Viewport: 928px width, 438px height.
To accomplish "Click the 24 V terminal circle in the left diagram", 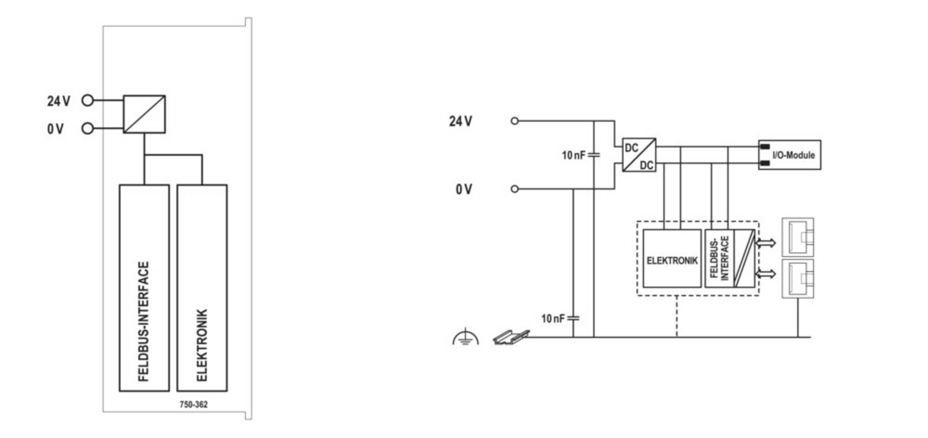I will coord(88,100).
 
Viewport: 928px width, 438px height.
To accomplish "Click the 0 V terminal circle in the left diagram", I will coord(88,128).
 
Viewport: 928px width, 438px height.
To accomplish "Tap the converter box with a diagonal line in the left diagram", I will coord(144,114).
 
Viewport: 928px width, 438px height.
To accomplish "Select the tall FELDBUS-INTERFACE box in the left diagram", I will coord(144,288).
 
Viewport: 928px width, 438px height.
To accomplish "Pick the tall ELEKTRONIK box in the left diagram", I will coord(202,288).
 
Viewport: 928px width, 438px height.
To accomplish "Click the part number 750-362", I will coord(193,404).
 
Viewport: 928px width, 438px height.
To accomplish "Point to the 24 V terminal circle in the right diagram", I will coord(515,121).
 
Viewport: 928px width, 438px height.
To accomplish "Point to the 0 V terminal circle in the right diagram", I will coord(515,189).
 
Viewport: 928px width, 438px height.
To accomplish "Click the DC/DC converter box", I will coord(639,155).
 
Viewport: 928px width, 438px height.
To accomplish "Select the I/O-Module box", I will coord(790,155).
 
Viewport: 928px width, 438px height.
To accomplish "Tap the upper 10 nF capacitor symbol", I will coord(594,155).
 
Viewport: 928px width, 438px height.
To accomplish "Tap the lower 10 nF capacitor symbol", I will coord(574,318).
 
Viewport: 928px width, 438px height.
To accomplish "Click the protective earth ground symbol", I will coord(465,337).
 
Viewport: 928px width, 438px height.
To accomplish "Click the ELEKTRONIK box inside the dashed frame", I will coord(672,258).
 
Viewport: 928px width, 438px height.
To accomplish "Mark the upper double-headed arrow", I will coord(766,243).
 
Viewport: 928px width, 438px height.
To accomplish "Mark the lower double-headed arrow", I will coord(766,273).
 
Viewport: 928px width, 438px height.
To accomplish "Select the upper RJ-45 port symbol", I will coord(798,237).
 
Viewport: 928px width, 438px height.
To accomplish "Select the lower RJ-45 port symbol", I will coord(798,278).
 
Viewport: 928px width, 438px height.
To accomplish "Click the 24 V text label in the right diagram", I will coord(460,121).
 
